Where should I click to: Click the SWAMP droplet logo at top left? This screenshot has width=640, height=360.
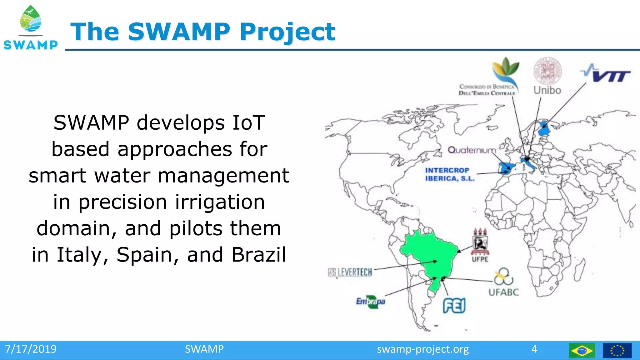coord(31,20)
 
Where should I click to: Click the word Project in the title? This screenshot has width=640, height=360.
coord(287,32)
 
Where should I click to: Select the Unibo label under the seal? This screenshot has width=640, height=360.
coord(547,90)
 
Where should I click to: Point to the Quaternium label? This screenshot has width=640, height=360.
coord(472,150)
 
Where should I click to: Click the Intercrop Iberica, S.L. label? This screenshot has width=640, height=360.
coord(449,174)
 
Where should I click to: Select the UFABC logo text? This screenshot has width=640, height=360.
coord(503,292)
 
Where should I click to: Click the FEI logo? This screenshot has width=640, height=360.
coord(454,305)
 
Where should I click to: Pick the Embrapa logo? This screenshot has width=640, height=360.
coord(371,302)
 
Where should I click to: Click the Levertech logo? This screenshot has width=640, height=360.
coord(350,272)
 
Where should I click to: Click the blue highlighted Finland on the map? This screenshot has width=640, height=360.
coord(544,128)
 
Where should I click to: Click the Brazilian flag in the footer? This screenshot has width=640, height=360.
coord(582,350)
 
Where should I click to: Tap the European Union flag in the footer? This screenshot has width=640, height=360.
coord(617,350)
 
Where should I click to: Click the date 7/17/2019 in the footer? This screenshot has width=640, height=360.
coord(31,349)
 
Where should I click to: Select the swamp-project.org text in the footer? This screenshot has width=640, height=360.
coord(422,349)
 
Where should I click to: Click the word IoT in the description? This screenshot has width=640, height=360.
coord(248,122)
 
